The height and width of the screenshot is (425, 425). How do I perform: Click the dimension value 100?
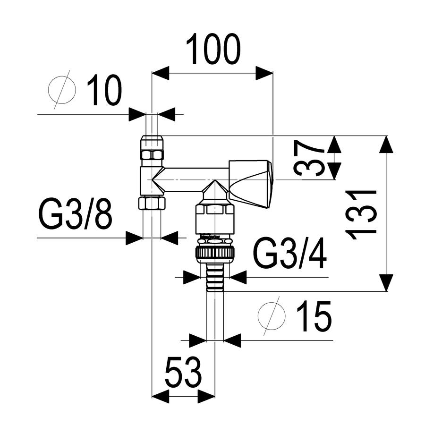[213, 49]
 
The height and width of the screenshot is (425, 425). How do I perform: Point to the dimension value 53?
[184, 372]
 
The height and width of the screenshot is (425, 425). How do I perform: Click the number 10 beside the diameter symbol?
[104, 89]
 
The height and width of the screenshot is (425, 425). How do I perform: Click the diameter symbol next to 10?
[62, 90]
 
